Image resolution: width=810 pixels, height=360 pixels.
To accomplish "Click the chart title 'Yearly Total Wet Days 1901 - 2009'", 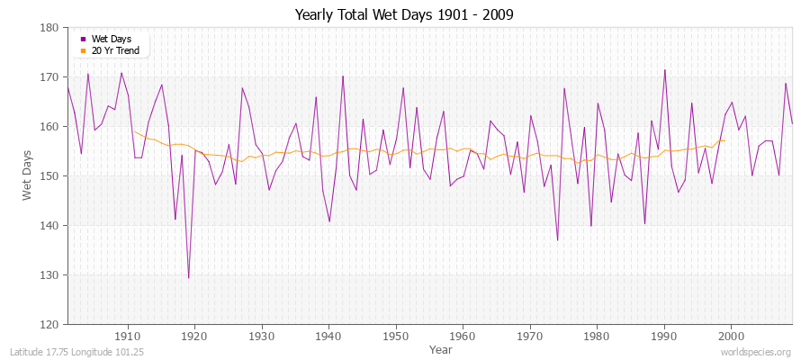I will [x=404, y=15].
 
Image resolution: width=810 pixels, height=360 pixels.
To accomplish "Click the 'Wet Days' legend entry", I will [x=112, y=40].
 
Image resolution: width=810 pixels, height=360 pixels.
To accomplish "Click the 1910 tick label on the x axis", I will [x=128, y=336].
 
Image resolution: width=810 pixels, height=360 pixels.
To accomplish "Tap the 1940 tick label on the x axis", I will [x=328, y=336].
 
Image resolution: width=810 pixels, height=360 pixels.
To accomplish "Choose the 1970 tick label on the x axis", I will [x=530, y=336].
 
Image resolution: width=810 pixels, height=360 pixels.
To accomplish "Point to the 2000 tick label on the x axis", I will [x=731, y=336].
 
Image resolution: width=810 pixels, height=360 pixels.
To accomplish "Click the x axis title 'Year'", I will [x=441, y=348].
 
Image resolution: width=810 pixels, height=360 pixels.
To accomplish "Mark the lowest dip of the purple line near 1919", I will [x=188, y=278].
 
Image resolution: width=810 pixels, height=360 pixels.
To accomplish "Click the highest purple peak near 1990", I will [x=664, y=70].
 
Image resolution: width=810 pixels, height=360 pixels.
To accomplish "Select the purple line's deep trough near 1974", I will [x=557, y=240].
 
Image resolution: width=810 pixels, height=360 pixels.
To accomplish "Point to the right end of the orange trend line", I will [x=724, y=140].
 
